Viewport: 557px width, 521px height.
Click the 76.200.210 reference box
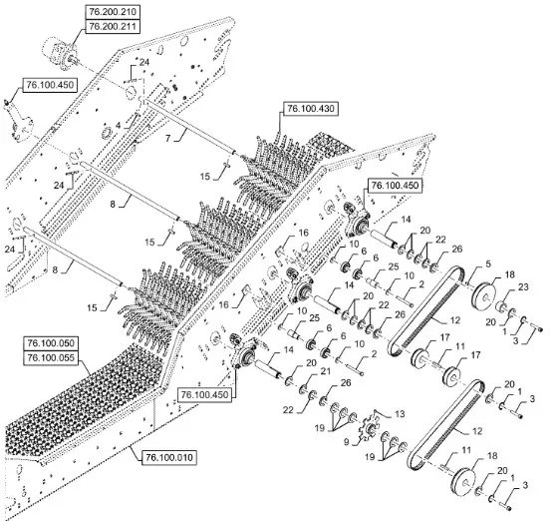click(113, 12)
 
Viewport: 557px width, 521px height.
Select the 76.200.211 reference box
click(113, 26)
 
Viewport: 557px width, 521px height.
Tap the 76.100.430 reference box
click(311, 109)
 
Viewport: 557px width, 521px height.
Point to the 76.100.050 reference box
click(51, 343)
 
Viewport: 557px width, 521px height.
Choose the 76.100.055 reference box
click(51, 357)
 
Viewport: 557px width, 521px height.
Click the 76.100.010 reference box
click(169, 457)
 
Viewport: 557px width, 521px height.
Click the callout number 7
click(168, 138)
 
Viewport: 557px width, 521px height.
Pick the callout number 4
click(118, 126)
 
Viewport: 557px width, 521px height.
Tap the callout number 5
click(488, 264)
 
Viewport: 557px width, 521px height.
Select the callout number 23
click(523, 286)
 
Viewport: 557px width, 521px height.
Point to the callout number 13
click(400, 414)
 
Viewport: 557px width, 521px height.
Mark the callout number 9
click(347, 442)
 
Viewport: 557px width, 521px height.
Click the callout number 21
click(325, 371)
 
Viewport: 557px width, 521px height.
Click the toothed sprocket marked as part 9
click(370, 427)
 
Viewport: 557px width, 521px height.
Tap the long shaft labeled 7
click(189, 128)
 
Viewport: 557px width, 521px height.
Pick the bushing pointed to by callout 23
click(501, 306)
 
